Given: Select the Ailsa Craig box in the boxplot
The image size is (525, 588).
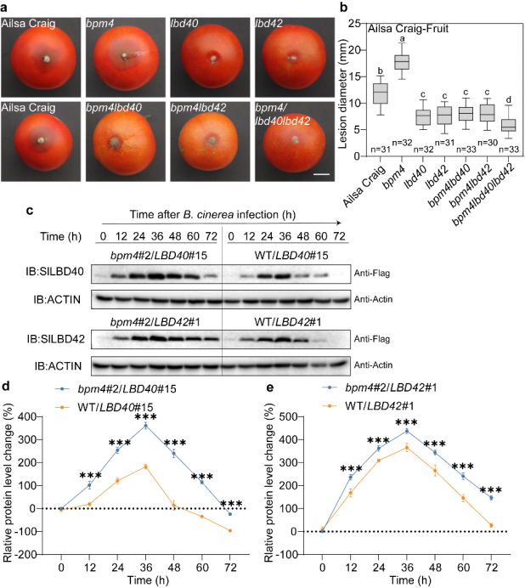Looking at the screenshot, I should coord(380,92).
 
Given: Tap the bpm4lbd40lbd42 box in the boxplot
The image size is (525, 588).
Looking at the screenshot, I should coord(508,124).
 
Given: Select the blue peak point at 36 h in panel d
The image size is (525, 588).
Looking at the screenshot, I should coord(145,425).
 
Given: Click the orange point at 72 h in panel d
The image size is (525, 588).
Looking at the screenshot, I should coord(229,531).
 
